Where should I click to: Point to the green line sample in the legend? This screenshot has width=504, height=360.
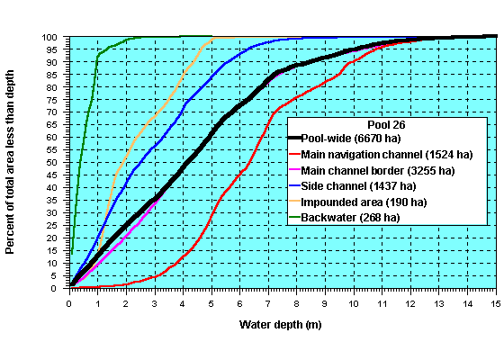pyautogui.click(x=304, y=217)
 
